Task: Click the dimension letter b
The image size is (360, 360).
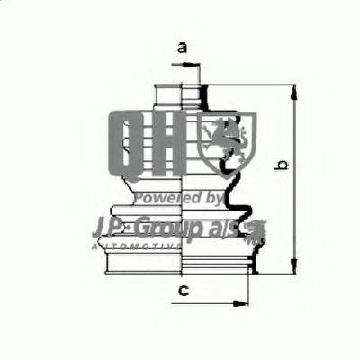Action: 281,166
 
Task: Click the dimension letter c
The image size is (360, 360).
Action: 183,290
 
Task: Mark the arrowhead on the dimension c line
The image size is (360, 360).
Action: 240,301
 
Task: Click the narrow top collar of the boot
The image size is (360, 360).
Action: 180,93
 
